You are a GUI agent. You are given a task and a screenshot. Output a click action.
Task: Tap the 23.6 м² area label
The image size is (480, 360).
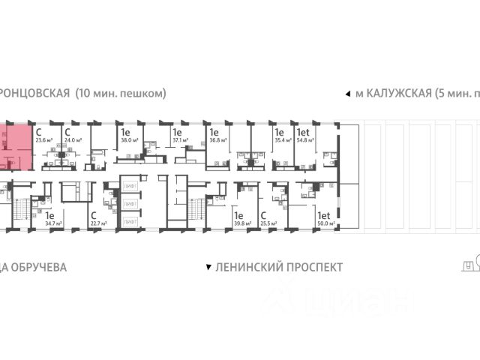[x=44, y=139]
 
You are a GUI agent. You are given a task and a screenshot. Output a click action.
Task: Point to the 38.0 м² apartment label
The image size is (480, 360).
[x=129, y=139]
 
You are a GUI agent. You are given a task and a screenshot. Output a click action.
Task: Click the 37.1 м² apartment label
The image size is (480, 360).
[x=181, y=139]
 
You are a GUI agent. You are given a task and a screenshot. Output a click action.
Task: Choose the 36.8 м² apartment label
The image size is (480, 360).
[x=217, y=139]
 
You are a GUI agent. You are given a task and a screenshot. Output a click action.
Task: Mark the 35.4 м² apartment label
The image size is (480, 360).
[x=282, y=139]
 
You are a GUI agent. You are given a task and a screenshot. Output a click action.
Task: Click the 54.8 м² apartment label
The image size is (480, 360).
[x=305, y=139]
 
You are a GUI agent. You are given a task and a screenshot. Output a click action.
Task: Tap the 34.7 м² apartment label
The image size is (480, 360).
[x=52, y=223]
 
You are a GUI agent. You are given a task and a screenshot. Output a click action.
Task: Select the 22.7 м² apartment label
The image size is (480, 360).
[x=98, y=223]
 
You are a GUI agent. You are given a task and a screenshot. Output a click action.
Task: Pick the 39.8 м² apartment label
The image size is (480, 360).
[x=241, y=223]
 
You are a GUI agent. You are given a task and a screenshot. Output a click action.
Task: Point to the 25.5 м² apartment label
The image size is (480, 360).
[x=268, y=223]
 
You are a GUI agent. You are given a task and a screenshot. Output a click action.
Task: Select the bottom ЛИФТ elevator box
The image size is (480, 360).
[x=130, y=220]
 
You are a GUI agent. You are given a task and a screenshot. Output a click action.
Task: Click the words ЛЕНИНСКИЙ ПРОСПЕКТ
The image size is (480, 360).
[x=278, y=267]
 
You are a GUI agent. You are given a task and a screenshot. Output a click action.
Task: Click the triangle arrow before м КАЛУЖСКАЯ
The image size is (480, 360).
[x=346, y=94]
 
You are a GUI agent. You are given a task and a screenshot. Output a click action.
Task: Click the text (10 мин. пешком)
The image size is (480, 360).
[x=121, y=94]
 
